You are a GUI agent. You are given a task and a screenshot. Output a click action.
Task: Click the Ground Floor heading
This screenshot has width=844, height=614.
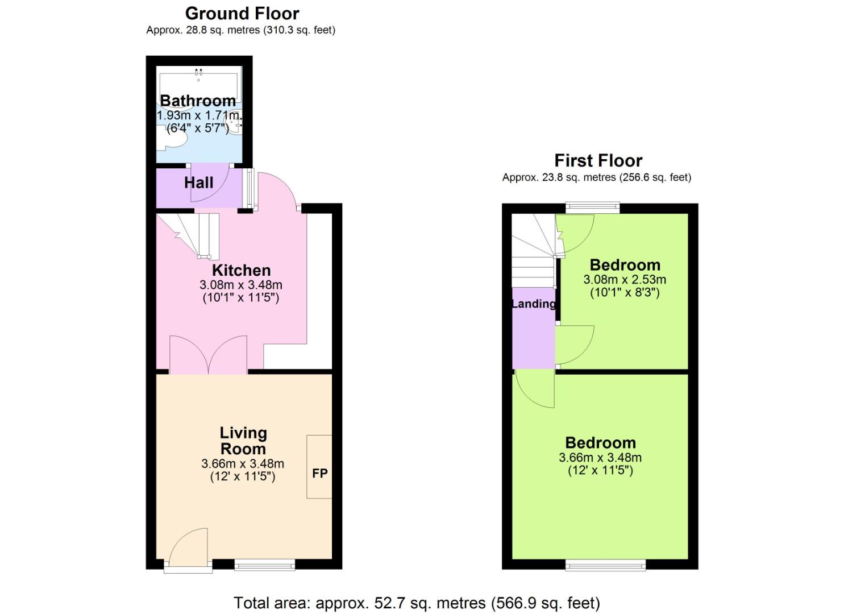pos(242,14)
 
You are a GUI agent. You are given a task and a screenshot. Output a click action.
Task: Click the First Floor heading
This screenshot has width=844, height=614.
pos(598,160)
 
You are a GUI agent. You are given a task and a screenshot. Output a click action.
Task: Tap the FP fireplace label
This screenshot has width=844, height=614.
pos(319,473)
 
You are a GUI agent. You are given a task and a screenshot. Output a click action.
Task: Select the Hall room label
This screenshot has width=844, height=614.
pos(198,182)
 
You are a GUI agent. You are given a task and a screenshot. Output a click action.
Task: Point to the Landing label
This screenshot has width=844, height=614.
pos(533,304)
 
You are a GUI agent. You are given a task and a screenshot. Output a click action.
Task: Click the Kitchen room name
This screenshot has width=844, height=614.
pos(241,270)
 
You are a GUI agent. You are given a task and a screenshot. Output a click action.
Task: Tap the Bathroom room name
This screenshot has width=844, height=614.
pos(198,101)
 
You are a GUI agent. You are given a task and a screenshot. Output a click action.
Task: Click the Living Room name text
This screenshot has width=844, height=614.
pos(243,441)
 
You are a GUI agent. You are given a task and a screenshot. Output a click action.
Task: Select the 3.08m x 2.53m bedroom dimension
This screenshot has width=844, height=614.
pos(625,280)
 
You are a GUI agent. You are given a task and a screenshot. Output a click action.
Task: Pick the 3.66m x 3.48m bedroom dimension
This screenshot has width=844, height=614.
pos(600,458)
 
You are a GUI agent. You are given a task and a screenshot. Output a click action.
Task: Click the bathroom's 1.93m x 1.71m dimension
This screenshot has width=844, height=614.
pos(198,115)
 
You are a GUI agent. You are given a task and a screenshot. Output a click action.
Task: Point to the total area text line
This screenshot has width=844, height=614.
pos(417,603)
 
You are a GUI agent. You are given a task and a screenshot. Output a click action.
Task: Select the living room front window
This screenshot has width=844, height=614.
pos(265,565)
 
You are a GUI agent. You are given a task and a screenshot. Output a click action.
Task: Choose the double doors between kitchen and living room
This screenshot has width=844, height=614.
pos(209,355)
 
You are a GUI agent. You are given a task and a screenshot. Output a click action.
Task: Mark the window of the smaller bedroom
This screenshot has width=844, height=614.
pos(592,208)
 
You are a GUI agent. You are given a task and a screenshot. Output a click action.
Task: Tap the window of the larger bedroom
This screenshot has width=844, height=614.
pos(606,565)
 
